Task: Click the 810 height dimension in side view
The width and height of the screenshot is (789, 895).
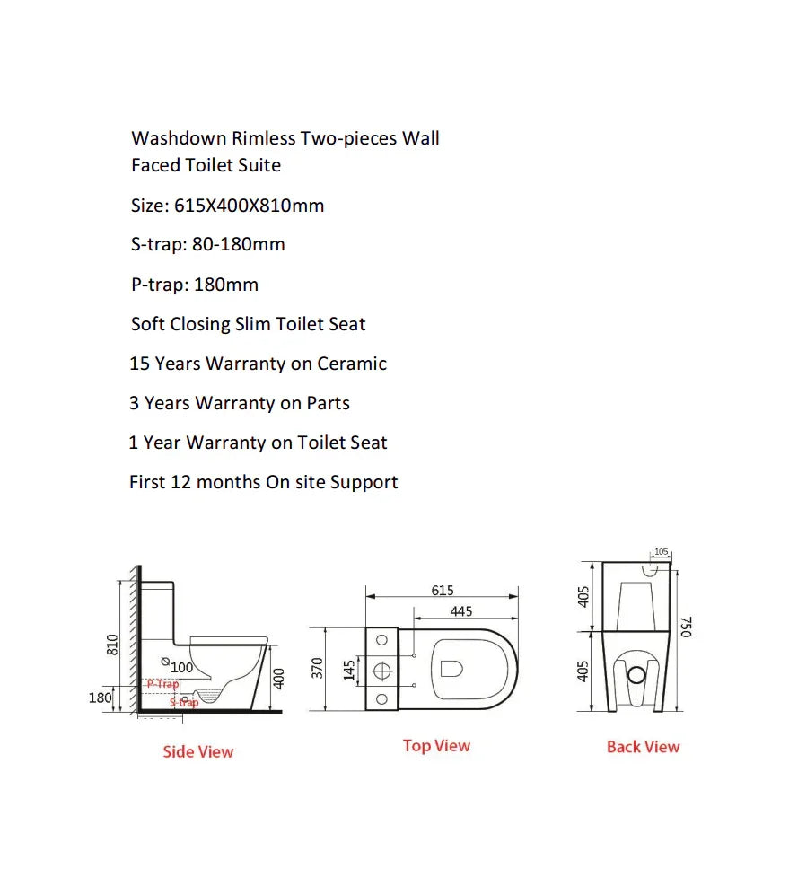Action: pyautogui.click(x=112, y=644)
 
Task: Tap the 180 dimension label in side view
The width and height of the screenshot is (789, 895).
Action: pyautogui.click(x=101, y=698)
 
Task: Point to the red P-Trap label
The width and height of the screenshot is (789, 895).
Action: pyautogui.click(x=163, y=684)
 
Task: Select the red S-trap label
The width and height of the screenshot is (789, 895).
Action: pyautogui.click(x=184, y=702)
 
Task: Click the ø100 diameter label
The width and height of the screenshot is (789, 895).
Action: pyautogui.click(x=180, y=667)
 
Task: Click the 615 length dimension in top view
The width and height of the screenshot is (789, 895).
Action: pyautogui.click(x=443, y=591)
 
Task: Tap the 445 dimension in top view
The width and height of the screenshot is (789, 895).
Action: pyautogui.click(x=461, y=611)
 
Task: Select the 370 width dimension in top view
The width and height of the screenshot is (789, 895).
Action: pyautogui.click(x=318, y=667)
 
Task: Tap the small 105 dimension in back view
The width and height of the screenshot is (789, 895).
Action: pyautogui.click(x=662, y=552)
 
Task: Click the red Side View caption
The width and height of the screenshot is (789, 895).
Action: pyautogui.click(x=197, y=751)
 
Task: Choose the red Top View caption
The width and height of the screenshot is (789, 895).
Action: pyautogui.click(x=436, y=745)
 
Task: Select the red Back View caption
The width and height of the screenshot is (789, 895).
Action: pyautogui.click(x=643, y=746)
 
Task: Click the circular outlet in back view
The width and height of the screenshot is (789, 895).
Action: pyautogui.click(x=636, y=673)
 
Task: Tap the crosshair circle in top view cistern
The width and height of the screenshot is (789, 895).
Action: pyautogui.click(x=381, y=669)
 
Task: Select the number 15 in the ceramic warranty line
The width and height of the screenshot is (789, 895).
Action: pyautogui.click(x=139, y=364)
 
